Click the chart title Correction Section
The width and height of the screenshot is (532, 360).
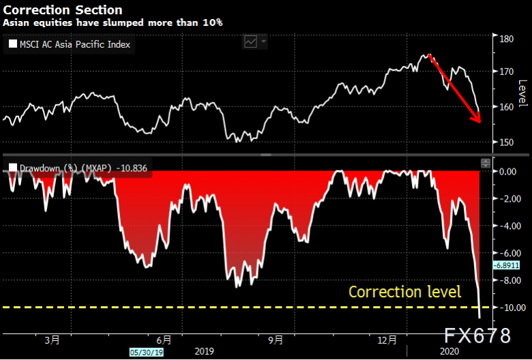(63, 10)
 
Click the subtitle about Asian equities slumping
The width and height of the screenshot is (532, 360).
(113, 22)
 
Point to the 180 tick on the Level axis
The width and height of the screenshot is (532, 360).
(507, 39)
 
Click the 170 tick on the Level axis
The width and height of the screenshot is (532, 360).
(507, 72)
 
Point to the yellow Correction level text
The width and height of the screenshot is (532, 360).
(404, 292)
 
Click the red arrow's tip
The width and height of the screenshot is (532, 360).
(480, 122)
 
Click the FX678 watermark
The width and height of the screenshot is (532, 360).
(477, 335)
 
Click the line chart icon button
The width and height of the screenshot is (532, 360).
(251, 42)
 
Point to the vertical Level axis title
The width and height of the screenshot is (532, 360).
(522, 93)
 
